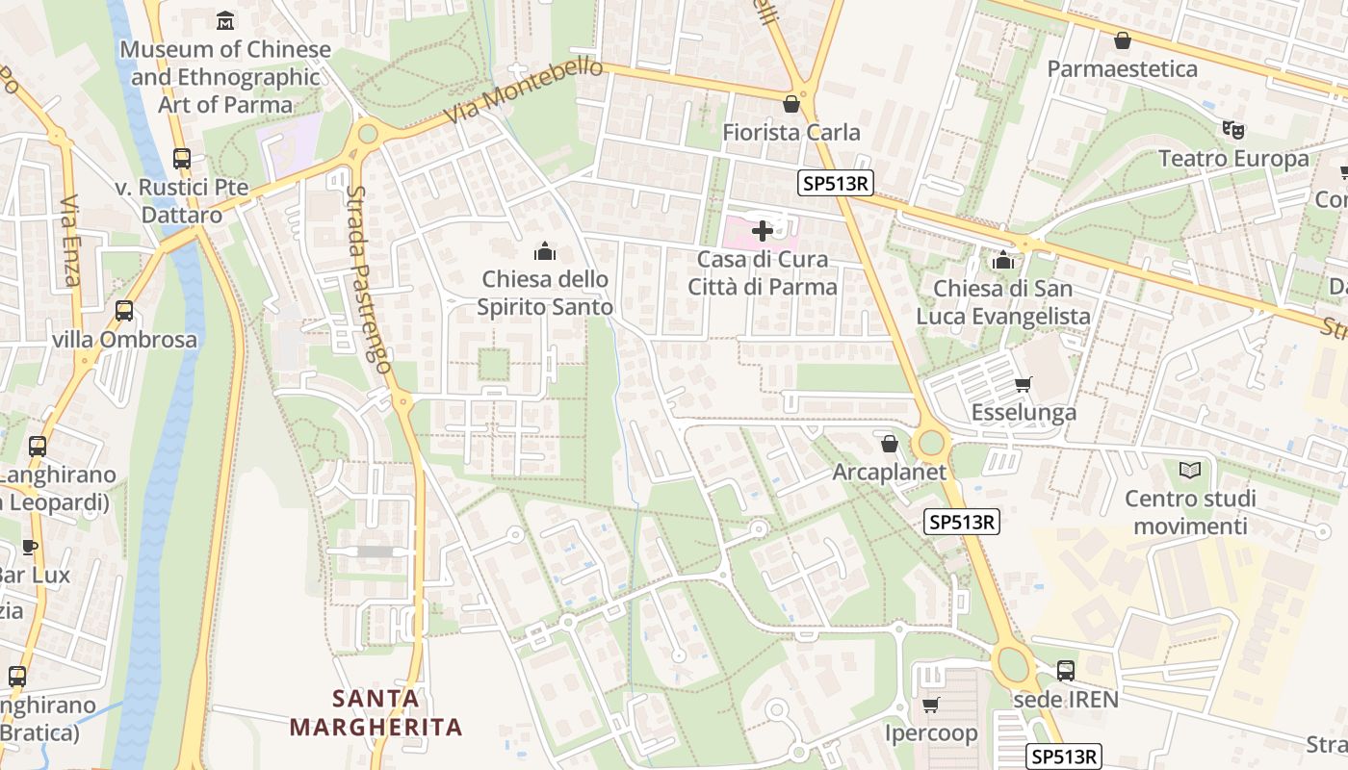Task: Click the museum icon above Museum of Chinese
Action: pos(225,20)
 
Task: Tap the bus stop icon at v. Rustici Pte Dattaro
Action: pos(181,159)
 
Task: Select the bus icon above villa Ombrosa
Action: pos(124,311)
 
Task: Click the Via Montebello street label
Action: pos(524,93)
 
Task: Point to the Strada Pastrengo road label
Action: pos(370,279)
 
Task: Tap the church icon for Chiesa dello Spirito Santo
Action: pos(545,252)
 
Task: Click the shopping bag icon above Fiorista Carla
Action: pos(791,104)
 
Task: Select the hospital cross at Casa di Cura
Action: pos(762,231)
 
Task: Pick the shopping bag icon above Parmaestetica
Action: pos(1122,40)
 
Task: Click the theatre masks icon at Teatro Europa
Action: pos(1232,129)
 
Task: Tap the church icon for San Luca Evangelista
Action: pos(1002,260)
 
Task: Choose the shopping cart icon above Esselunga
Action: pos(1023,385)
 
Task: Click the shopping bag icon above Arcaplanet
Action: pos(889,444)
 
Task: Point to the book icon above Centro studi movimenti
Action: pos(1190,471)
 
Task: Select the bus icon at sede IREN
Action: pos(1066,671)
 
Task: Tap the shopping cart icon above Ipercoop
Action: pos(930,706)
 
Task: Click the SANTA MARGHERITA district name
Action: pos(376,712)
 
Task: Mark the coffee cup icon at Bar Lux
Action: pos(30,548)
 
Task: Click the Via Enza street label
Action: pos(69,242)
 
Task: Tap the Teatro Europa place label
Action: pos(1233,158)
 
